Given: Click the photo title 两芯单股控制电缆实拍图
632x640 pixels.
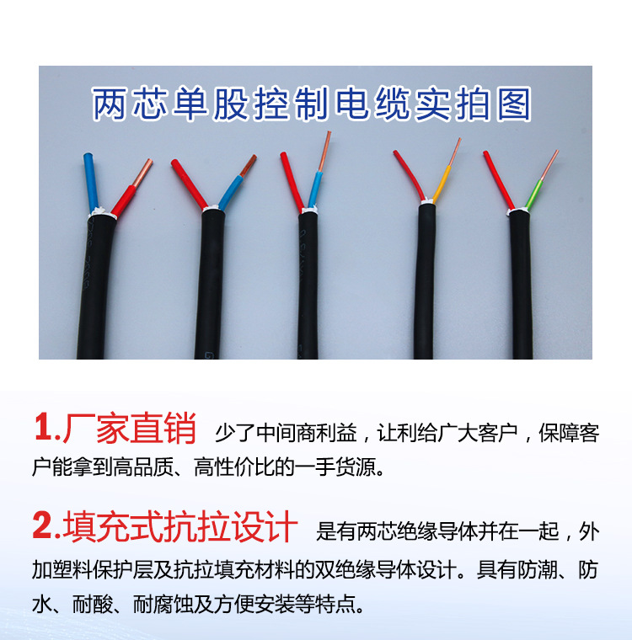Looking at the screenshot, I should [x=313, y=104].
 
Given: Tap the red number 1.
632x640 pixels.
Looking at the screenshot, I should [x=43, y=429].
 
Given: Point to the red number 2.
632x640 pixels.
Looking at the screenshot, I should [x=43, y=527].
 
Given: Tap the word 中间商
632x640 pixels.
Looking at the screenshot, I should [x=278, y=435].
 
